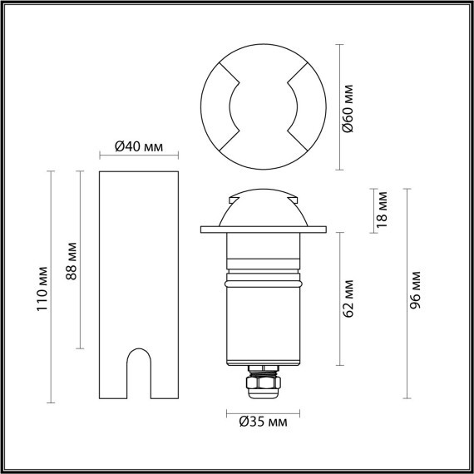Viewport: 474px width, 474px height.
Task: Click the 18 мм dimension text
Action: click(382, 209)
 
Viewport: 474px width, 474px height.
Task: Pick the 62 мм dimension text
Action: click(349, 299)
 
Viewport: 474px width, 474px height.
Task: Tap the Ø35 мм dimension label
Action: click(264, 422)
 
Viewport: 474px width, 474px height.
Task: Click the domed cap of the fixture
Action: click(263, 207)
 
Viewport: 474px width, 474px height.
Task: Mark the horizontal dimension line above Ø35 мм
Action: click(263, 412)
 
